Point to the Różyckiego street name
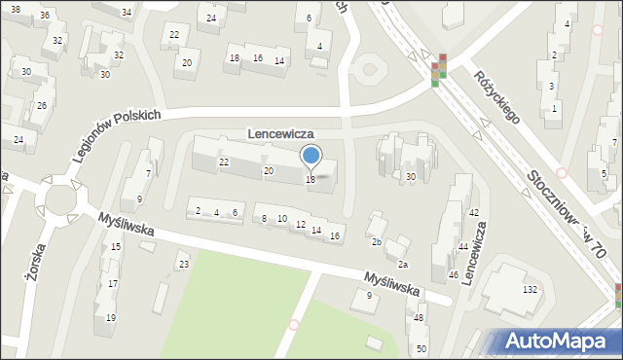pyautogui.click(x=497, y=95)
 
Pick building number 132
pyautogui.click(x=531, y=290)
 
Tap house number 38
pyautogui.click(x=15, y=9)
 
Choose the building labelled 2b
pyautogui.click(x=376, y=241)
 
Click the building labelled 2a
pyautogui.click(x=401, y=264)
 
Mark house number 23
pyautogui.click(x=182, y=264)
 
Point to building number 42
pyautogui.click(x=473, y=212)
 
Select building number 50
pyautogui.click(x=421, y=348)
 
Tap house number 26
pyautogui.click(x=41, y=105)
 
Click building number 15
pyautogui.click(x=116, y=247)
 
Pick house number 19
pyautogui.click(x=111, y=318)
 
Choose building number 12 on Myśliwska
pyautogui.click(x=301, y=225)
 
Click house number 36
pyautogui.click(x=44, y=17)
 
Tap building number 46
pyautogui.click(x=453, y=275)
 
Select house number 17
pyautogui.click(x=113, y=283)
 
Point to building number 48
pyautogui.click(x=419, y=318)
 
